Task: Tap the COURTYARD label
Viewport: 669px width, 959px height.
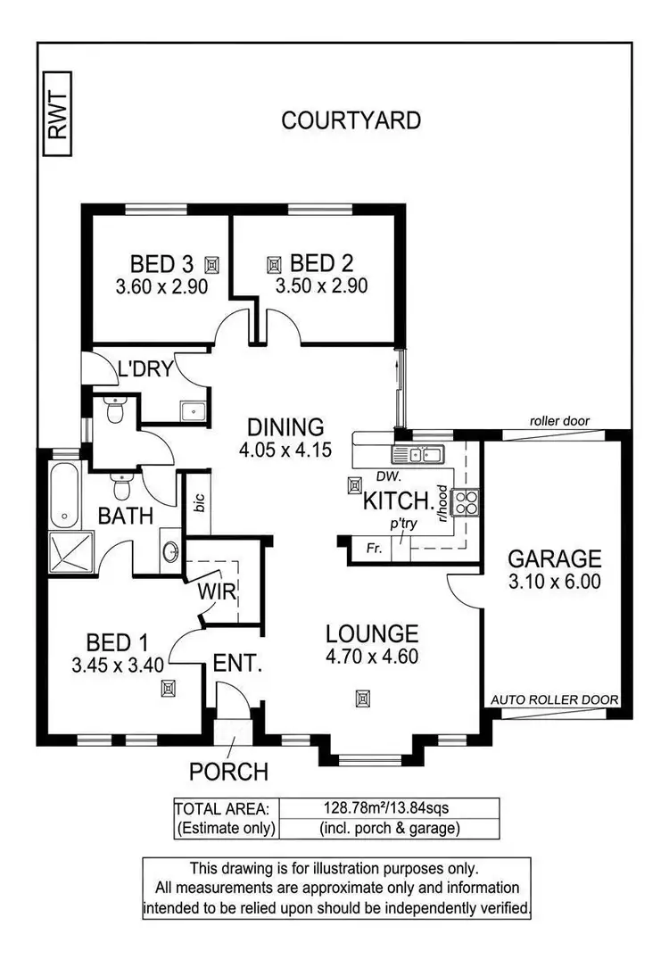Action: point(351,120)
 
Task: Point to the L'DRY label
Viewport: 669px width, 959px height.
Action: point(145,369)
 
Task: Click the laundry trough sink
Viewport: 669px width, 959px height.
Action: point(193,410)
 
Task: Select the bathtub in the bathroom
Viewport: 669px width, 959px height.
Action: point(64,495)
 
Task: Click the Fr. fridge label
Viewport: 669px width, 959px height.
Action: point(374,549)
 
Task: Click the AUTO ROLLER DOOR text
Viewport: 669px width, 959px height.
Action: point(555,700)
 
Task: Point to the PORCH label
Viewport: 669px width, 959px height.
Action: point(227,771)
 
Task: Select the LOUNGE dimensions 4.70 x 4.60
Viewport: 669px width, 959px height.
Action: point(371,657)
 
